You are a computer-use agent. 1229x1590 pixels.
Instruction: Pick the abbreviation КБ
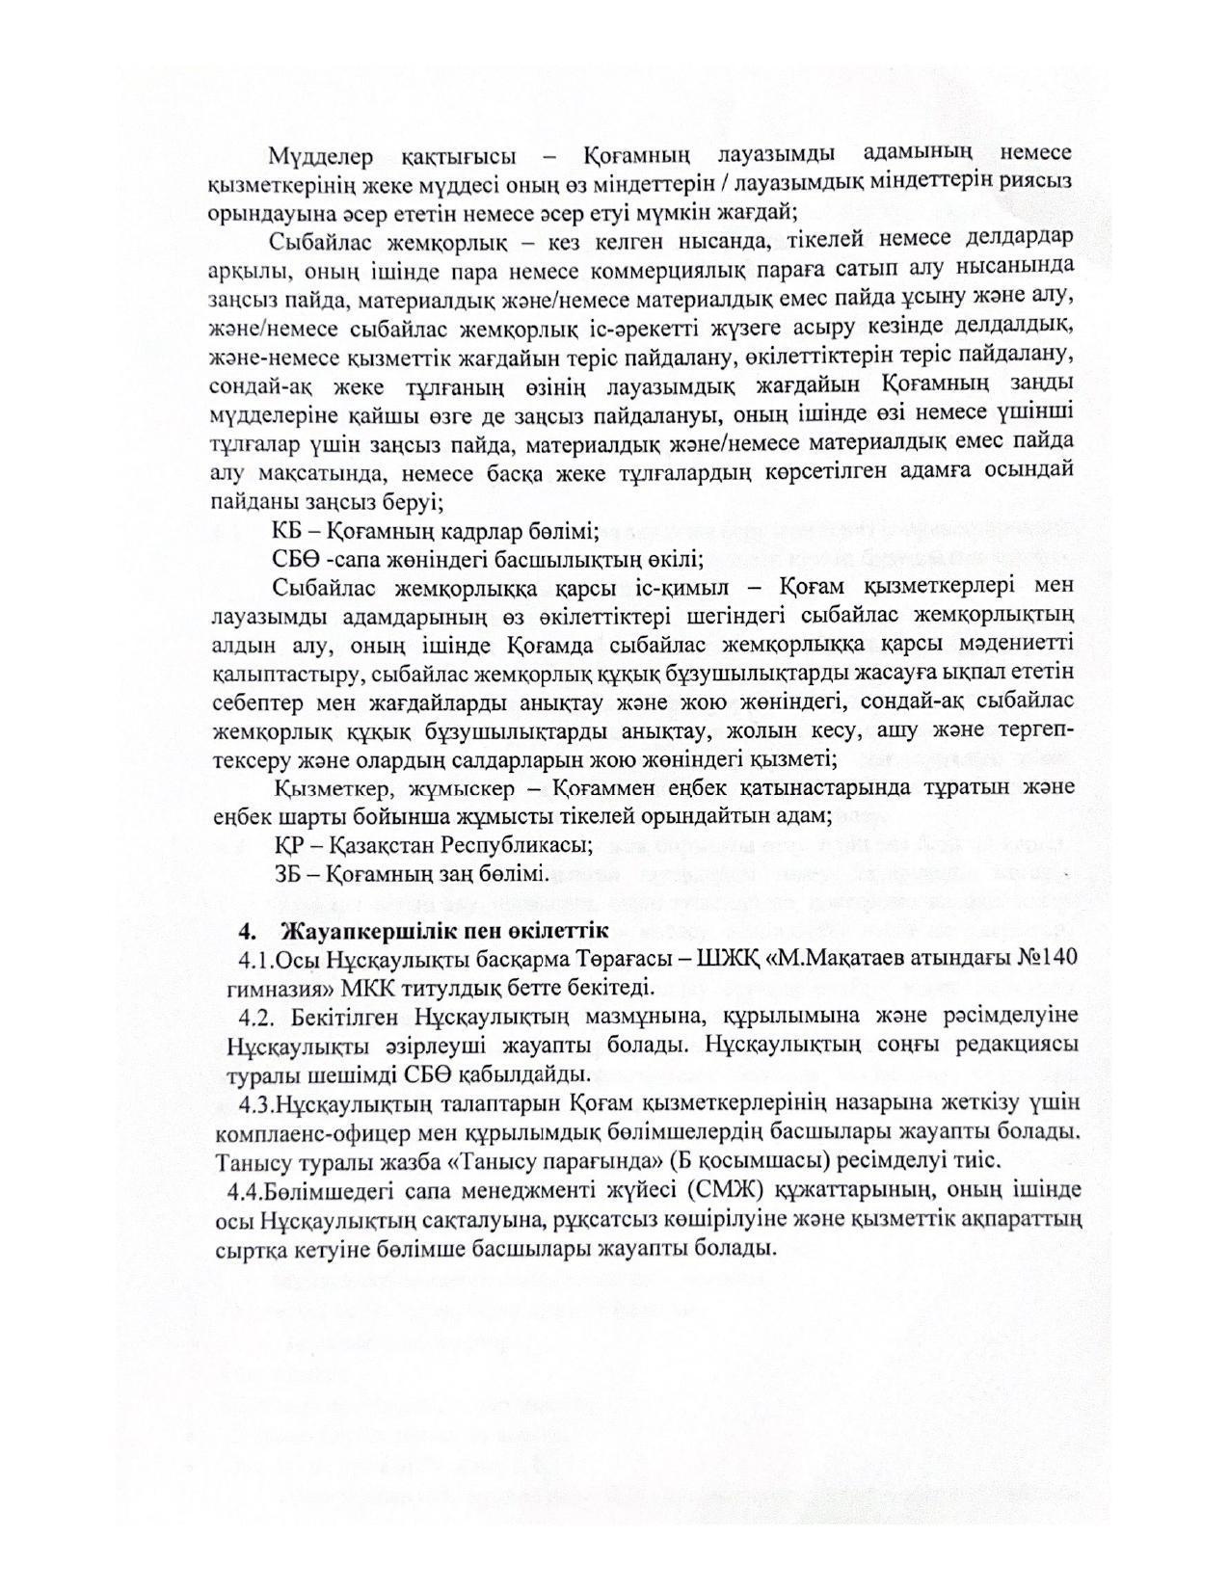click(286, 531)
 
